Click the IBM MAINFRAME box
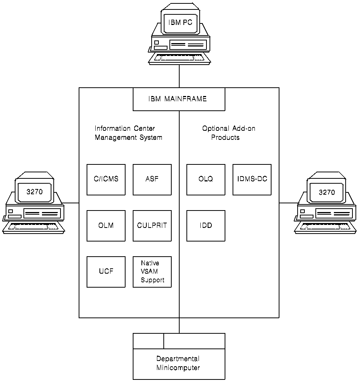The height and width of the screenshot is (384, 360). [x=179, y=99]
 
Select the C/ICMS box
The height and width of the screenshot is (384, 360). [x=106, y=180]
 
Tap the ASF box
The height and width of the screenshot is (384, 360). [x=152, y=180]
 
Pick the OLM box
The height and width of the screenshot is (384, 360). [x=106, y=226]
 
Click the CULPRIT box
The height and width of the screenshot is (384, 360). [x=152, y=226]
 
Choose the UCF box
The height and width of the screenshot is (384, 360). [x=106, y=272]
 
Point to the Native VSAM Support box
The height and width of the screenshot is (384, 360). [x=152, y=272]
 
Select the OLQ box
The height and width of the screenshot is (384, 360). [x=206, y=180]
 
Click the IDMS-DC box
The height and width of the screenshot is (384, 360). [x=252, y=180]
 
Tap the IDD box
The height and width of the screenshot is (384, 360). [x=206, y=226]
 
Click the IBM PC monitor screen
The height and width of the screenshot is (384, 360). [x=180, y=23]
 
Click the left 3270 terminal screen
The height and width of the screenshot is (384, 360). [x=34, y=192]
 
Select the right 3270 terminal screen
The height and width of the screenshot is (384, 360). [x=326, y=192]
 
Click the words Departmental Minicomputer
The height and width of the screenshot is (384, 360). [x=178, y=363]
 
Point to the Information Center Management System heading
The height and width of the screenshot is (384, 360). [x=128, y=133]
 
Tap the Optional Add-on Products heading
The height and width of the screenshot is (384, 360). [x=228, y=133]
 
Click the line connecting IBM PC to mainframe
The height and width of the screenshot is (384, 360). [x=179, y=76]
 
